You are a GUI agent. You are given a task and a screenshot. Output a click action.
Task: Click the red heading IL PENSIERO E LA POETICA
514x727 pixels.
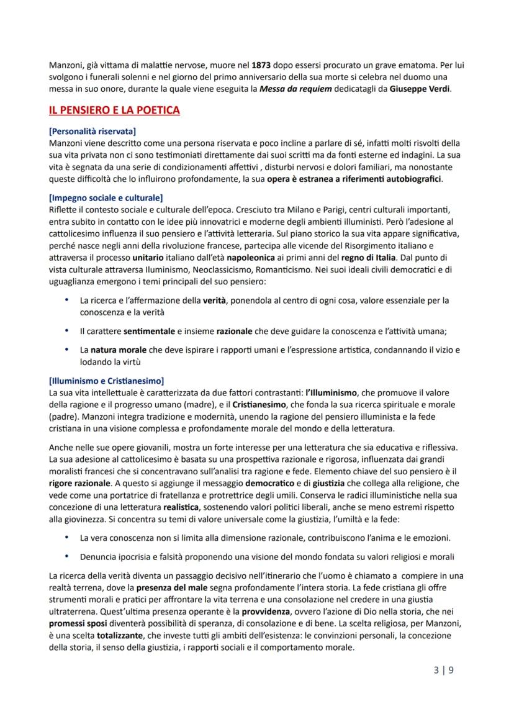point(114,111)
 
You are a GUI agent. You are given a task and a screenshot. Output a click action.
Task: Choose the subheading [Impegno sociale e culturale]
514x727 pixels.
point(106,198)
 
